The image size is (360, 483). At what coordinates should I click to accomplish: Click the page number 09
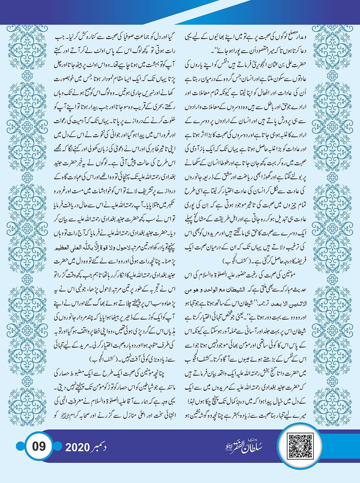pyautogui.click(x=39, y=446)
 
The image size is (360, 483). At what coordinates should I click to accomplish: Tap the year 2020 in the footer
pyautogui.click(x=78, y=447)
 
